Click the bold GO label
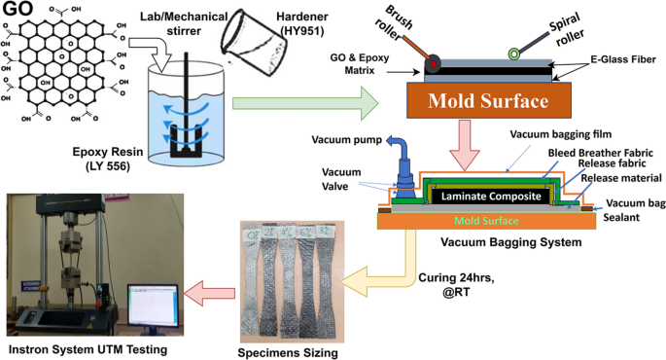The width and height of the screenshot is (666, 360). [18, 11]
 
